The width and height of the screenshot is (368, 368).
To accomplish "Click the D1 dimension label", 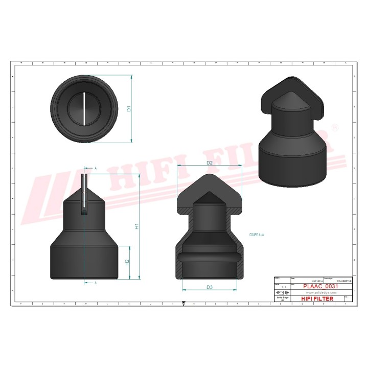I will pyautogui.click(x=129, y=109).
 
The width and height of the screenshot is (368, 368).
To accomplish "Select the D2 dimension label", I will pyautogui.click(x=209, y=163).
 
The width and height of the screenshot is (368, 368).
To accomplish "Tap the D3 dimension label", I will pyautogui.click(x=210, y=287).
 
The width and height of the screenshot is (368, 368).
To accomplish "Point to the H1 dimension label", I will pyautogui.click(x=136, y=226).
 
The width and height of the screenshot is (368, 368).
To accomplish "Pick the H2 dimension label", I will pyautogui.click(x=127, y=262).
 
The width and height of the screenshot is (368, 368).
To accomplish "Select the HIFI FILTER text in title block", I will pyautogui.click(x=315, y=298).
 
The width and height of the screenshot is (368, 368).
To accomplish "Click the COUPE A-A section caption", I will pyautogui.click(x=257, y=234).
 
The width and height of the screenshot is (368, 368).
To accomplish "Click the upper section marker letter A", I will pyautogui.click(x=96, y=168).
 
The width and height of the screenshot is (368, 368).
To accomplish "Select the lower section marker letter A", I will pyautogui.click(x=96, y=282).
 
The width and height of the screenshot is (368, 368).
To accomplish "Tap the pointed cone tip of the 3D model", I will pyautogui.click(x=292, y=83).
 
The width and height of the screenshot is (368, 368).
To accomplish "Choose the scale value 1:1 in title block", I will pyautogui.click(x=278, y=287).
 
